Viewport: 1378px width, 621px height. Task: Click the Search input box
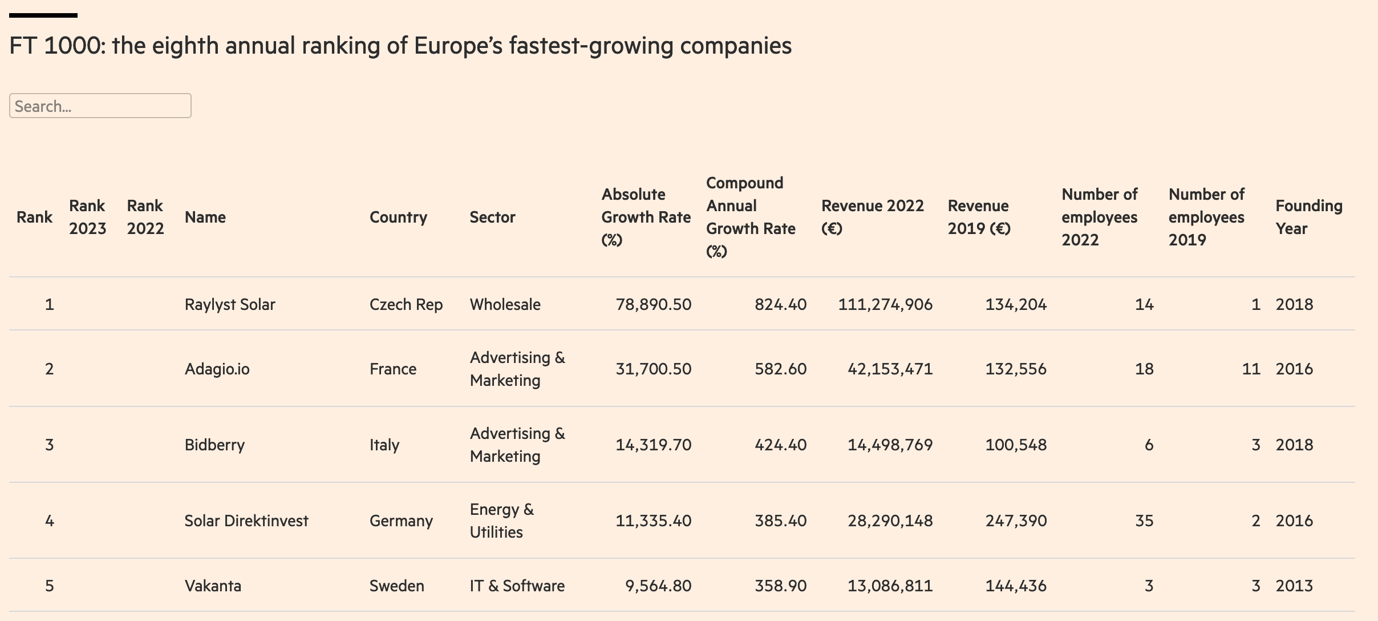pos(100,106)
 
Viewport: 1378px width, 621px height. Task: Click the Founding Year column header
pos(1308,217)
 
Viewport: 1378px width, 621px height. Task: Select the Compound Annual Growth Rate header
pos(751,217)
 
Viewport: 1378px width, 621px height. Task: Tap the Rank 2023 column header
pos(87,217)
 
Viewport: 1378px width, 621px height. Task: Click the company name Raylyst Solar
pos(229,304)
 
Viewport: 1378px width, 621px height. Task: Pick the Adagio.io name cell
pos(217,369)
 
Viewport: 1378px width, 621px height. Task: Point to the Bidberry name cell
pos(214,445)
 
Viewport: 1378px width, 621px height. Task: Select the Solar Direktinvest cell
pos(246,521)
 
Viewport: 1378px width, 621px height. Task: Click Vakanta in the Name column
pos(213,586)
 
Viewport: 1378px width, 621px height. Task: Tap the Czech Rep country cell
pos(406,304)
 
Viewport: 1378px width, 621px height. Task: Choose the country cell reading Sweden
pos(396,586)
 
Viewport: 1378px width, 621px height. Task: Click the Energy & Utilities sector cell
pos(501,521)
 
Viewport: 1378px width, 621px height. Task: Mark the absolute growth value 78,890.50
pos(653,304)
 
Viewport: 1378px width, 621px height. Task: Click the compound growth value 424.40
pos(780,445)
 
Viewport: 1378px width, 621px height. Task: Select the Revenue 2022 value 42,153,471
pos(890,369)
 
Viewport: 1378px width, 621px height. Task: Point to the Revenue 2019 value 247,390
pos(1016,521)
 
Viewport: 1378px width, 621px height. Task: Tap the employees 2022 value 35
pos(1144,521)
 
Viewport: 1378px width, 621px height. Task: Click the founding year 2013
pos(1294,586)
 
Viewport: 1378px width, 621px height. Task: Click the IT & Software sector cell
pos(517,586)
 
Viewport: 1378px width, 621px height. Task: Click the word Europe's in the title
pos(458,46)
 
